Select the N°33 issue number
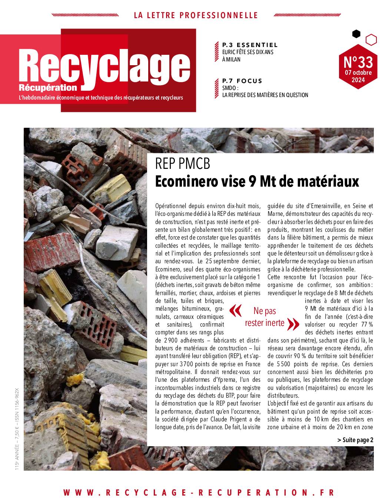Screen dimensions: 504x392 tap(358, 60)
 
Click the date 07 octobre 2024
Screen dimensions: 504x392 tap(358, 76)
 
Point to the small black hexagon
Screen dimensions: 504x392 tap(356, 34)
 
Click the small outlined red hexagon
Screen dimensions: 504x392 tap(371, 39)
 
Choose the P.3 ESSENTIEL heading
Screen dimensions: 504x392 tap(250, 45)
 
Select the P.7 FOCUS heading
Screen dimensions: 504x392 tap(242, 81)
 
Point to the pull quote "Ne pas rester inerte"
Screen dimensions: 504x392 tap(265, 317)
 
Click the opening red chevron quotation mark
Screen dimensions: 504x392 tap(236, 311)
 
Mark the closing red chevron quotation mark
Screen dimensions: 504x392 tap(293, 324)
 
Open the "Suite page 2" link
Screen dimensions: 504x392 tap(355, 440)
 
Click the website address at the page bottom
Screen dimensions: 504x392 tap(199, 493)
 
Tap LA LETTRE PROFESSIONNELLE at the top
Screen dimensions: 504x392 tap(195, 15)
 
